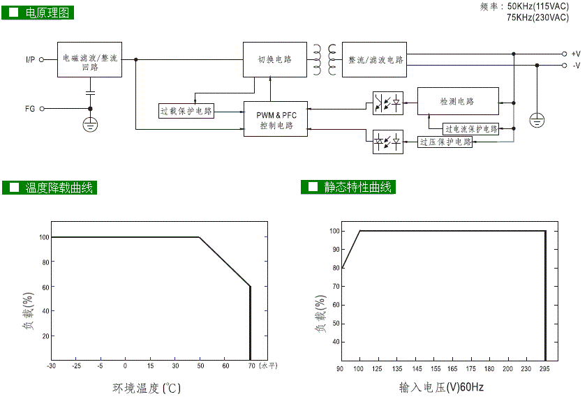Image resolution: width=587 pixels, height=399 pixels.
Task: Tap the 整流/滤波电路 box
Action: (375, 60)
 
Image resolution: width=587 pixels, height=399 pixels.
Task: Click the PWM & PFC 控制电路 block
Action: (276, 119)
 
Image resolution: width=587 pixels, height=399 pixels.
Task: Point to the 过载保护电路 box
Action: (187, 111)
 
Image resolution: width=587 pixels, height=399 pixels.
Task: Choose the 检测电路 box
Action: (458, 102)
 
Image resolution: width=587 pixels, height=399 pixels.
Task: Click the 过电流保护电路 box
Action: (471, 129)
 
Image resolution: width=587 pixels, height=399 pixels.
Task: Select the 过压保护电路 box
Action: (445, 142)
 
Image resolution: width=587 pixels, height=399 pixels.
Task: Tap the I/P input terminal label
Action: (30, 60)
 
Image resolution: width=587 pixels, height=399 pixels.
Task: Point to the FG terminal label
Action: (30, 109)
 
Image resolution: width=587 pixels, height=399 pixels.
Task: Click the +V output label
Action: (576, 54)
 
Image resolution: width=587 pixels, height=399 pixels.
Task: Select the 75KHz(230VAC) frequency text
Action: (538, 17)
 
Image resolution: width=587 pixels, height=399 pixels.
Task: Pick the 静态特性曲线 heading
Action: (359, 187)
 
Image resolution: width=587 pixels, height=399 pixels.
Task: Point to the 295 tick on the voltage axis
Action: (544, 369)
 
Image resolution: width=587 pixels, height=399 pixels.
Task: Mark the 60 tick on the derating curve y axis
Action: (45, 287)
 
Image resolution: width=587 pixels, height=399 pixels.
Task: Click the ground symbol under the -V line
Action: (536, 119)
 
